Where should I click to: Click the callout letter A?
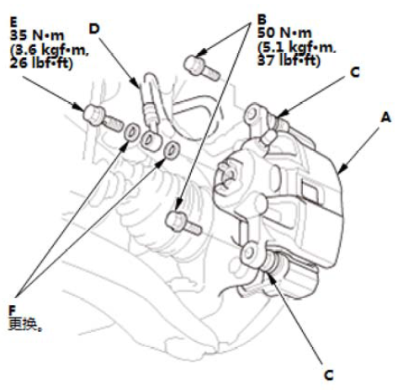coord(385,117)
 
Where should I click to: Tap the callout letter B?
coord(262,19)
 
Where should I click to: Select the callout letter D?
coord(94,29)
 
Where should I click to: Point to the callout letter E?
coord(13,22)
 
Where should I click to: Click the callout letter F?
coord(13,311)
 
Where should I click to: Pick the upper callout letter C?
coord(355,72)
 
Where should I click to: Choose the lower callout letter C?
coord(328,375)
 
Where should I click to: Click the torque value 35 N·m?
coord(37,35)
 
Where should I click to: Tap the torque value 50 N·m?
coord(284,33)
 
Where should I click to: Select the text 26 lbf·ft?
coord(41,63)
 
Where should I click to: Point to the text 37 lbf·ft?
coord(289,61)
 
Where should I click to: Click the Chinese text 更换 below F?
coord(23,324)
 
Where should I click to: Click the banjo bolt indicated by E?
coord(102,119)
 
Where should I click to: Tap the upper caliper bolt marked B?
coord(201,68)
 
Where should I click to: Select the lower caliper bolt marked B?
coord(183,223)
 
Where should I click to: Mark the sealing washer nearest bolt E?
coord(131,131)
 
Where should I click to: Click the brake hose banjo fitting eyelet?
coord(151,140)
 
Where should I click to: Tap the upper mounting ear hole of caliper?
coord(252,115)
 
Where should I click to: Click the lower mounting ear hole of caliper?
coord(248,253)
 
